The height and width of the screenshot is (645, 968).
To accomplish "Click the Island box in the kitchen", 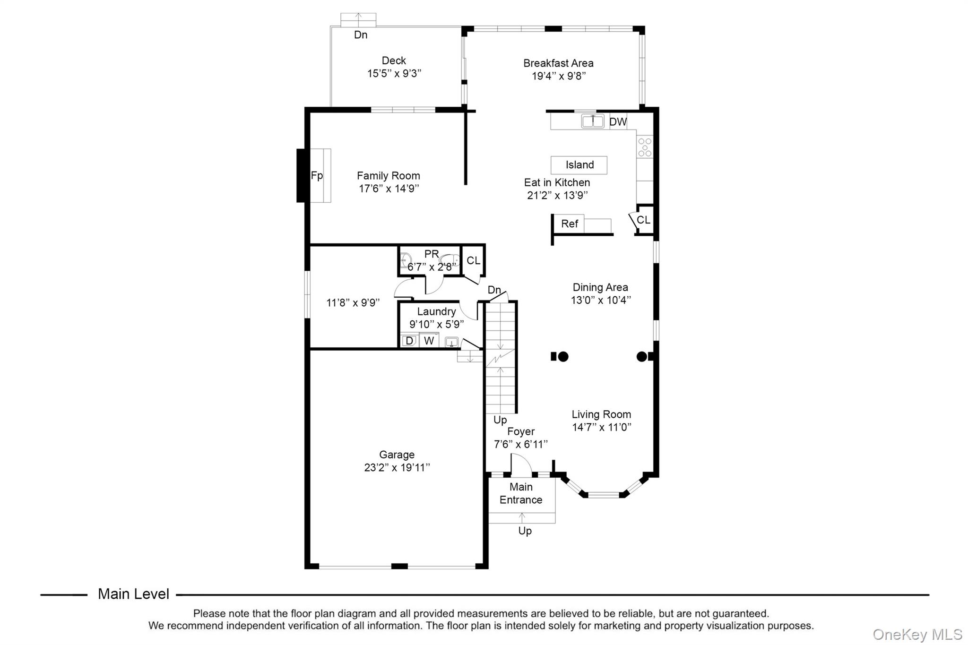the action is coord(579,165).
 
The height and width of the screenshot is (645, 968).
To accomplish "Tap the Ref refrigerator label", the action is coord(570,224).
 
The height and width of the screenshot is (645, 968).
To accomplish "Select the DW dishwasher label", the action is coord(618,122).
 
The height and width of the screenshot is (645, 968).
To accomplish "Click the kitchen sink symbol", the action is coord(593,121).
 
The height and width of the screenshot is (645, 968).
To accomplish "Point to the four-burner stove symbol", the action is coord(645,147).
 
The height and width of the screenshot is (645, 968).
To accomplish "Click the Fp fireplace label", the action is coord(317,176).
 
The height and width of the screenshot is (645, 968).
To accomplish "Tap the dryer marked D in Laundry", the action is coord(409,341).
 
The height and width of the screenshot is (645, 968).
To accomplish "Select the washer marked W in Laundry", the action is coord(429,341).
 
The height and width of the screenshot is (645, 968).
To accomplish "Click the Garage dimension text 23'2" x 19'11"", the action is coord(397,467).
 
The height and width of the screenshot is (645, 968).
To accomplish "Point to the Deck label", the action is coord(394,60).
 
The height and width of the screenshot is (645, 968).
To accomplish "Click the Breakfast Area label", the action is coord(558,63).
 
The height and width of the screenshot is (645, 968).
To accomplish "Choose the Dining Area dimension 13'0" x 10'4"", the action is coord(601,300).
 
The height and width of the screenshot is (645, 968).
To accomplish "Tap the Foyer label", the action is coord(521,431).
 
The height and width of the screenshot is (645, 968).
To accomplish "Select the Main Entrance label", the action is coord(521,493).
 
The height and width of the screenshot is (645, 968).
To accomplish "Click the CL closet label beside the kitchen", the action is coord(643,220).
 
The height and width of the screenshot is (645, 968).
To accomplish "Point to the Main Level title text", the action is coord(133,594).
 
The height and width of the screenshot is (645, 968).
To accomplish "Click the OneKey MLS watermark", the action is coord(917,634).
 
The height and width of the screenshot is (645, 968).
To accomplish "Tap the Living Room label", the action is coord(601,414).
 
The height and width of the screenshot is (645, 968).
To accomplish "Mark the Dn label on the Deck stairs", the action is coord(361,34).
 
